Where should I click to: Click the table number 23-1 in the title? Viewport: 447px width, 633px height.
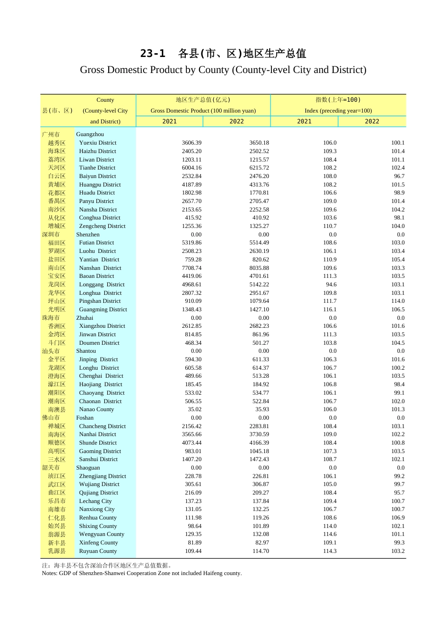click(x=153, y=54)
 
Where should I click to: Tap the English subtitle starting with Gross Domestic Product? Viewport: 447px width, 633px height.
click(x=223, y=70)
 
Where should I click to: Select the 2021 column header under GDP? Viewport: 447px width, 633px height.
click(x=169, y=122)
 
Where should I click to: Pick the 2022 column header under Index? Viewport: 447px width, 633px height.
click(x=372, y=122)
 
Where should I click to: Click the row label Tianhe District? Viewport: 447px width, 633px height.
click(x=97, y=168)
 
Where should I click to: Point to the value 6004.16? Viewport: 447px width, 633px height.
click(x=192, y=168)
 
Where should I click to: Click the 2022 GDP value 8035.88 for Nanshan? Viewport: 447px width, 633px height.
click(x=259, y=268)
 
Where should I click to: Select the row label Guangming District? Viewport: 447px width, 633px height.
click(x=103, y=309)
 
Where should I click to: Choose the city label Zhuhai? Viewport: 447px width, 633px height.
click(x=85, y=318)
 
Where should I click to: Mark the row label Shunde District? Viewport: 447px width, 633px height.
click(x=98, y=443)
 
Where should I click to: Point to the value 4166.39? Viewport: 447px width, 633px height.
click(x=259, y=443)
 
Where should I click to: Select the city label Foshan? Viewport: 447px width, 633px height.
click(x=85, y=418)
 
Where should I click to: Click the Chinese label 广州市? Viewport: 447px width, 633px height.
click(x=51, y=134)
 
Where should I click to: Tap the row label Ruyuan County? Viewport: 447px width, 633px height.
click(x=98, y=551)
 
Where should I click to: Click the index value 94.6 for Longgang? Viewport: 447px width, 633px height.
click(x=331, y=284)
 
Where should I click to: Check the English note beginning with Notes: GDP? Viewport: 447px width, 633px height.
click(x=142, y=573)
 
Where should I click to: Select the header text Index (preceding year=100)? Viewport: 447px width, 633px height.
click(x=338, y=111)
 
